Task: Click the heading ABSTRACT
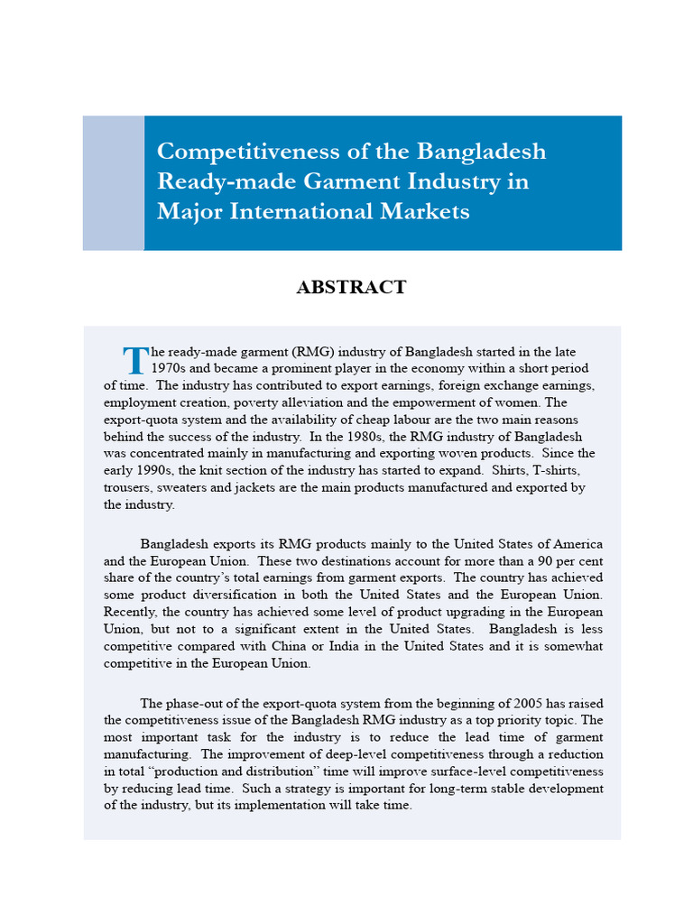tap(351, 288)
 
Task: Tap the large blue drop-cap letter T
tap(135, 360)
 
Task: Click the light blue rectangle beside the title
tap(113, 182)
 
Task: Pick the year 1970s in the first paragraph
tap(169, 368)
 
